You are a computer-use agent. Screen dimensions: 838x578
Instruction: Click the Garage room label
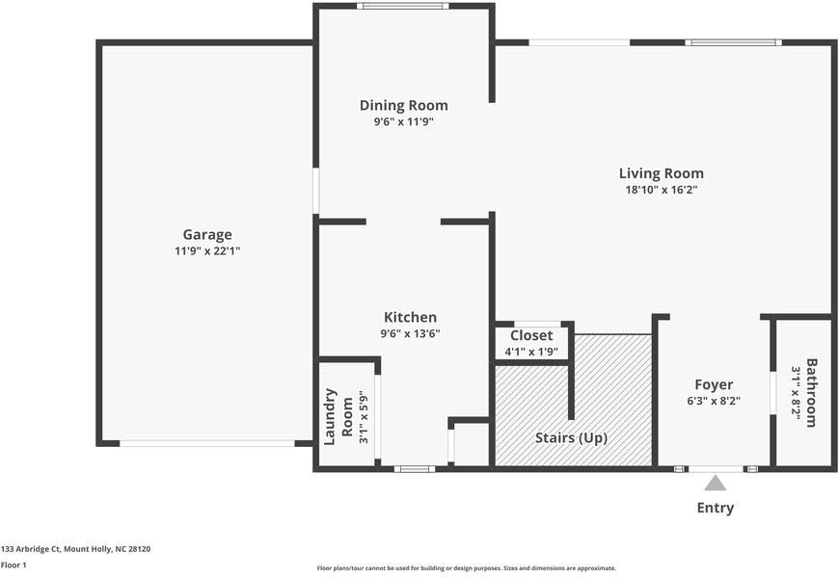207,235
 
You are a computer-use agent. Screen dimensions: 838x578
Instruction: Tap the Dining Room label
403,105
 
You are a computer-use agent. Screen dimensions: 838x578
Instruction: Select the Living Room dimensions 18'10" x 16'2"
662,190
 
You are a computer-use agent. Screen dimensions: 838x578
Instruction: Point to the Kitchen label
410,317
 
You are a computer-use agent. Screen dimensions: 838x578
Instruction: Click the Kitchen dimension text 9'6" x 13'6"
410,333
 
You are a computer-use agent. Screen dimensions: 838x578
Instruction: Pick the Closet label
531,335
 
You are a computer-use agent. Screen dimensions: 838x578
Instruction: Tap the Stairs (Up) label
571,437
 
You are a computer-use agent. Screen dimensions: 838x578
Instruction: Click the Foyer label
714,384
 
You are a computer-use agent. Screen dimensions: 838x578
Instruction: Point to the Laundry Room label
338,416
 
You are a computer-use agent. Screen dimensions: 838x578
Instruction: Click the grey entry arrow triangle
716,484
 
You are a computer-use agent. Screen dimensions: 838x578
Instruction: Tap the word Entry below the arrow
716,508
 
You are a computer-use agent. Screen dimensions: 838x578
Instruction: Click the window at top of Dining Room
403,6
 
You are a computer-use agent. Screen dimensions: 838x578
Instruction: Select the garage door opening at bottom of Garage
207,443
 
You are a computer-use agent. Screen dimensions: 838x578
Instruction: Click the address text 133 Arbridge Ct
31,549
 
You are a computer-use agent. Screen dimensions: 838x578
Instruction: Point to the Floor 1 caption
14,565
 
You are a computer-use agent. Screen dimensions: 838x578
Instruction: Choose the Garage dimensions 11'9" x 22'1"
207,250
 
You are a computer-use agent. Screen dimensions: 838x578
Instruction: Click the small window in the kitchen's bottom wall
415,469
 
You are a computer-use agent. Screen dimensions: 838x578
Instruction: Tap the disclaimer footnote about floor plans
467,568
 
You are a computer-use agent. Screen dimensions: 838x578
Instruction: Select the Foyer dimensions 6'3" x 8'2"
714,401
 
